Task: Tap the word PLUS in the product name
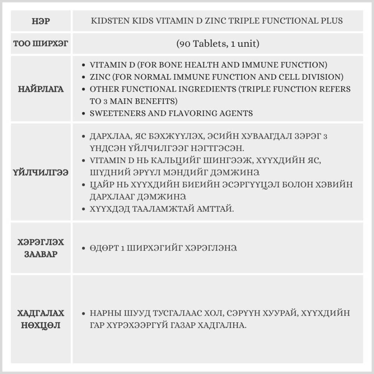pyautogui.click(x=330, y=21)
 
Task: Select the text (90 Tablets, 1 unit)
pyautogui.click(x=217, y=44)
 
